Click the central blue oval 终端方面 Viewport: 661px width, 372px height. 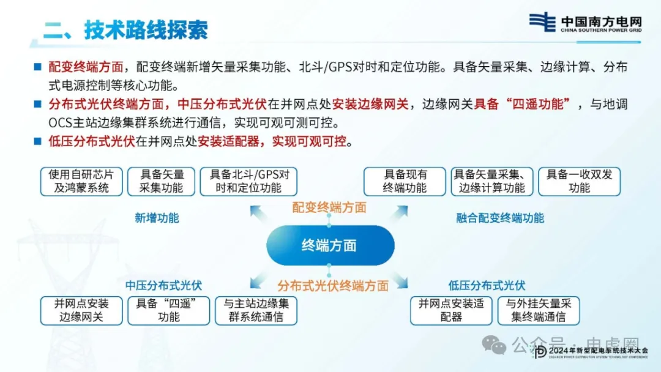pyautogui.click(x=330, y=245)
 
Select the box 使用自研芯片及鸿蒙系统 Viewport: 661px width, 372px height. pyautogui.click(x=81, y=182)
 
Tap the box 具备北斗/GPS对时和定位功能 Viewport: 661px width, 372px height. pyautogui.click(x=248, y=182)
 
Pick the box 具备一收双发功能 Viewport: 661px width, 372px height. pyautogui.click(x=579, y=182)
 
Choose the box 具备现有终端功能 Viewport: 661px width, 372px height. pyautogui.click(x=405, y=182)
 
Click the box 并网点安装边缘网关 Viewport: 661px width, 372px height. pyautogui.click(x=81, y=311)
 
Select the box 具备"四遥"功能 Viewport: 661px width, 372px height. pyautogui.click(x=169, y=311)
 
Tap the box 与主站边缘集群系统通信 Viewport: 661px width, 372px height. pyautogui.click(x=256, y=311)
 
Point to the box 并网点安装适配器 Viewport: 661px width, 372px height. pyautogui.click(x=451, y=311)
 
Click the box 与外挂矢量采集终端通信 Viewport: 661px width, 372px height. pyautogui.click(x=539, y=311)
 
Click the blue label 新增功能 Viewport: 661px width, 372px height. pyautogui.click(x=157, y=218)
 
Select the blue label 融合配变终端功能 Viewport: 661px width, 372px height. pyautogui.click(x=500, y=218)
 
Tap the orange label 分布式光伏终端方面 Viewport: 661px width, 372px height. pyautogui.click(x=332, y=286)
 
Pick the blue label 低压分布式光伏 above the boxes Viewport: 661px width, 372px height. pyautogui.click(x=487, y=285)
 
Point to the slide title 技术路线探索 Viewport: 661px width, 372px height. pyautogui.click(x=146, y=30)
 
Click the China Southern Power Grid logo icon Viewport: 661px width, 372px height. pyautogui.click(x=542, y=22)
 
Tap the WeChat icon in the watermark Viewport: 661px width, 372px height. pyautogui.click(x=494, y=344)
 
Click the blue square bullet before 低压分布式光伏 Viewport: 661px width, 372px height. pyautogui.click(x=38, y=141)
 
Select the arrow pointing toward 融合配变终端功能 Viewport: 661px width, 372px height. pyautogui.click(x=398, y=213)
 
